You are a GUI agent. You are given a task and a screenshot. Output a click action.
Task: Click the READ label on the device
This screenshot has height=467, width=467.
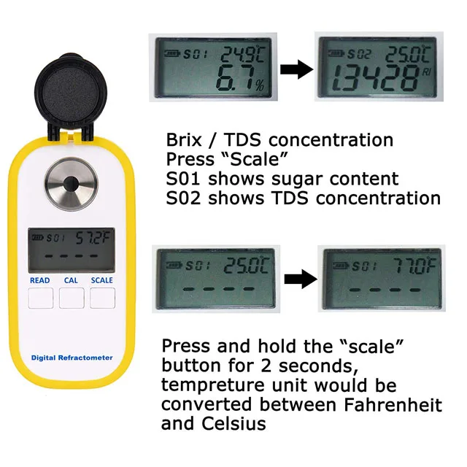(x=39, y=280)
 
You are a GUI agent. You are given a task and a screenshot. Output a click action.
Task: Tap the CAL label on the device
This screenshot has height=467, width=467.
(x=71, y=280)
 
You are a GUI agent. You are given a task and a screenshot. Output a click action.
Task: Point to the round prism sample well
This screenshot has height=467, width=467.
(x=72, y=183)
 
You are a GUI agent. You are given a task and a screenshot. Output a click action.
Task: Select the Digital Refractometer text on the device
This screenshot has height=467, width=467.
(x=72, y=358)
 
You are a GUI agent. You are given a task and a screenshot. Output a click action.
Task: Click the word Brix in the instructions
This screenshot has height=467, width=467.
(x=183, y=140)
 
